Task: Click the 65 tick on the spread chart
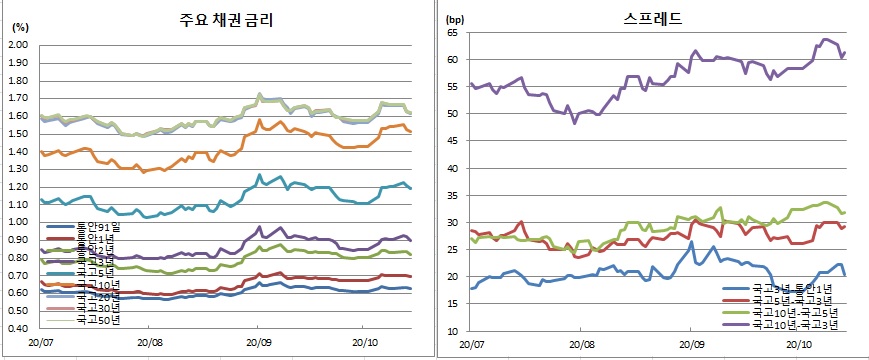coord(452,32)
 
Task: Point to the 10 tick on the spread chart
coord(452,331)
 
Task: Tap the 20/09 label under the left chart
coord(256,340)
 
